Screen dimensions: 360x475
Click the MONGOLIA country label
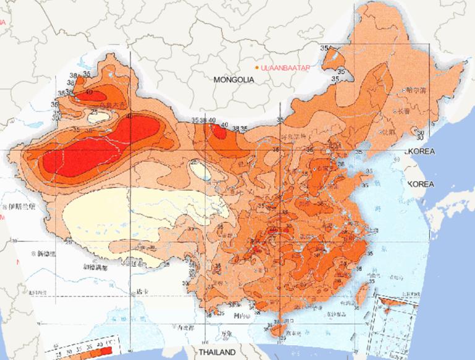coord(233,80)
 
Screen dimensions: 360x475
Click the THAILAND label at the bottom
coord(216,352)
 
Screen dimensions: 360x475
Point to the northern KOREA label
coord(421,152)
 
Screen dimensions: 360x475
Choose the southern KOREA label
coord(422,184)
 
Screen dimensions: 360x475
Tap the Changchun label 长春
coord(404,111)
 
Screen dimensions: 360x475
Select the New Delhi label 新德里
coord(47,254)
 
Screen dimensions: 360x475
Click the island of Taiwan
coord(361,298)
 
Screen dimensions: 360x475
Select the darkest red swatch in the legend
coord(106,351)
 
